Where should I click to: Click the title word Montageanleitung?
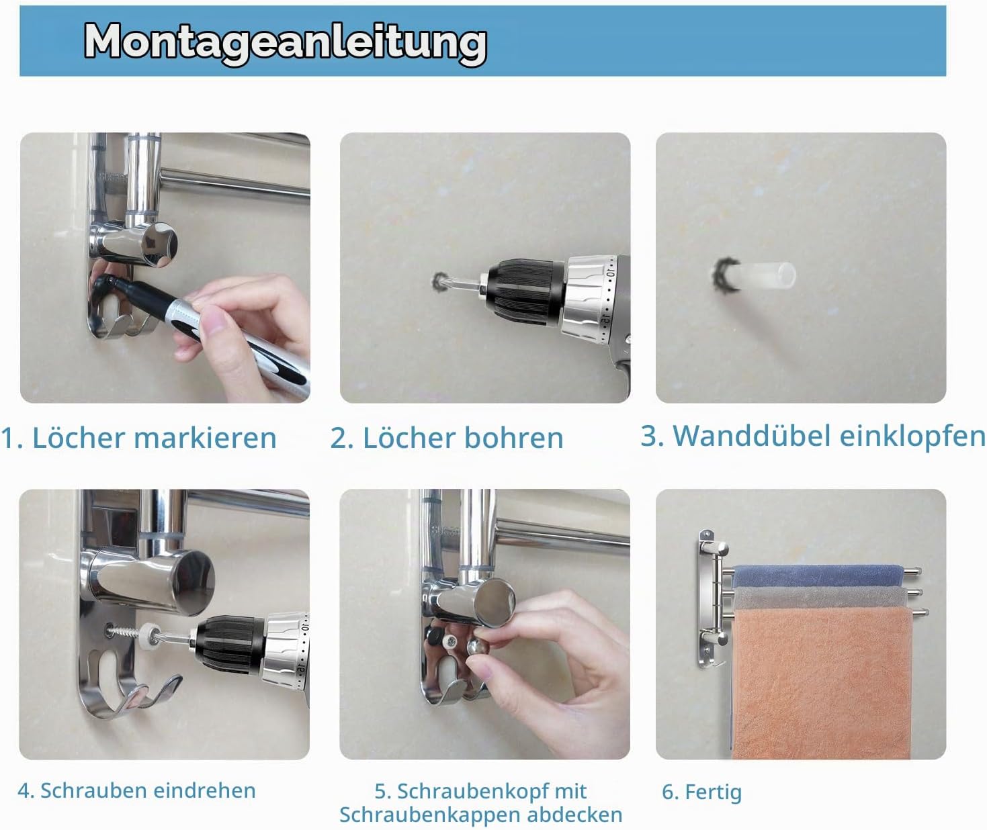(286, 43)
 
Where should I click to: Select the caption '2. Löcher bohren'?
(447, 437)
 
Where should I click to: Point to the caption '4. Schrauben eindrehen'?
(136, 790)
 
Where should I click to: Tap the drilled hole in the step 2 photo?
(439, 281)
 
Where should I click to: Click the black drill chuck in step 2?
(525, 292)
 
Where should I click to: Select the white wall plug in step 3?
(757, 275)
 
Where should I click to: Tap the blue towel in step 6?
(817, 576)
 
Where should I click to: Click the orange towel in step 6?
(822, 683)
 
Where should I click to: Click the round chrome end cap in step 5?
(495, 602)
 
